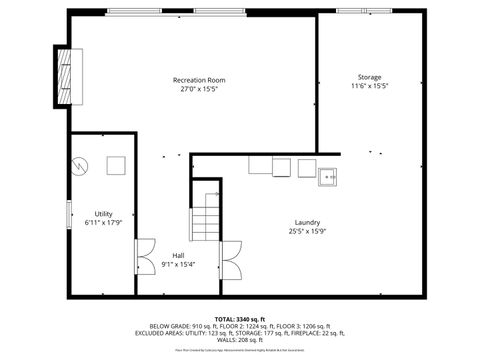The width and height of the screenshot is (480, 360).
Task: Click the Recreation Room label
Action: [x=199, y=80]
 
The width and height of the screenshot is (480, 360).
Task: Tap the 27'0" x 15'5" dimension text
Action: [x=199, y=89]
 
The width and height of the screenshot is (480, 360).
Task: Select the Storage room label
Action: [x=369, y=77]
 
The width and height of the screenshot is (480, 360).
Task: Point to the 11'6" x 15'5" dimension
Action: [x=369, y=86]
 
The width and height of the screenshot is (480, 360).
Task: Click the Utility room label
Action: [x=103, y=214]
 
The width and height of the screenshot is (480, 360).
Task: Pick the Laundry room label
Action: [x=307, y=222]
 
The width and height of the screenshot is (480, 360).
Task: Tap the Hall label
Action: [x=178, y=255]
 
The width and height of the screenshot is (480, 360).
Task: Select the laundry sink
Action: [x=328, y=178]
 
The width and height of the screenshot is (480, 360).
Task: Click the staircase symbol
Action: [x=206, y=213]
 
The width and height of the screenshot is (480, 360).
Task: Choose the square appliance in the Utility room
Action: [x=117, y=166]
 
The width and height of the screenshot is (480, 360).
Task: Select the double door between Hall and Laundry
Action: [x=230, y=260]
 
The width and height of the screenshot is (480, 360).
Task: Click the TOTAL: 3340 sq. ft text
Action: [x=239, y=319]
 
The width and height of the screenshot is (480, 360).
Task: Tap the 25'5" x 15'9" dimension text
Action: [x=307, y=231]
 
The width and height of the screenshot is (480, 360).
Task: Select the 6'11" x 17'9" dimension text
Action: [x=103, y=223]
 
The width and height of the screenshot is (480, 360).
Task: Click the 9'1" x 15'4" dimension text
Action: [x=178, y=264]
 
